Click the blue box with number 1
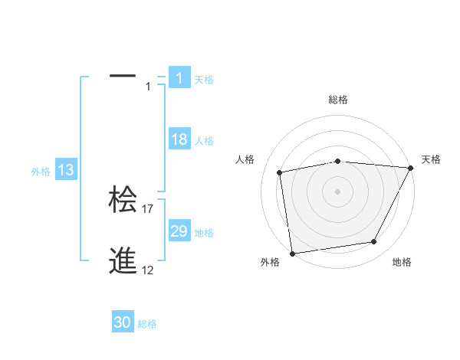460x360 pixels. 179,77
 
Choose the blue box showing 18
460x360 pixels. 179,139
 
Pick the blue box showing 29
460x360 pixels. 179,231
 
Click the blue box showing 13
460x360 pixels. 66,170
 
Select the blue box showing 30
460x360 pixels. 123,322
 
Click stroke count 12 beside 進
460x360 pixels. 148,270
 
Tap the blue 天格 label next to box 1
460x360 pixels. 204,79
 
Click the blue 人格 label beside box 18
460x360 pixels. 204,141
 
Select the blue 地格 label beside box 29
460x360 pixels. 204,233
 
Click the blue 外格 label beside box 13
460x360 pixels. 41,172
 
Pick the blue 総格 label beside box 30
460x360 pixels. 147,324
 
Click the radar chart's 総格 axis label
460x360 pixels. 337,100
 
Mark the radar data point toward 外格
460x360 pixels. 292,253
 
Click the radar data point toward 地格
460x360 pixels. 374,242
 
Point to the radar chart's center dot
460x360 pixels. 337,191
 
